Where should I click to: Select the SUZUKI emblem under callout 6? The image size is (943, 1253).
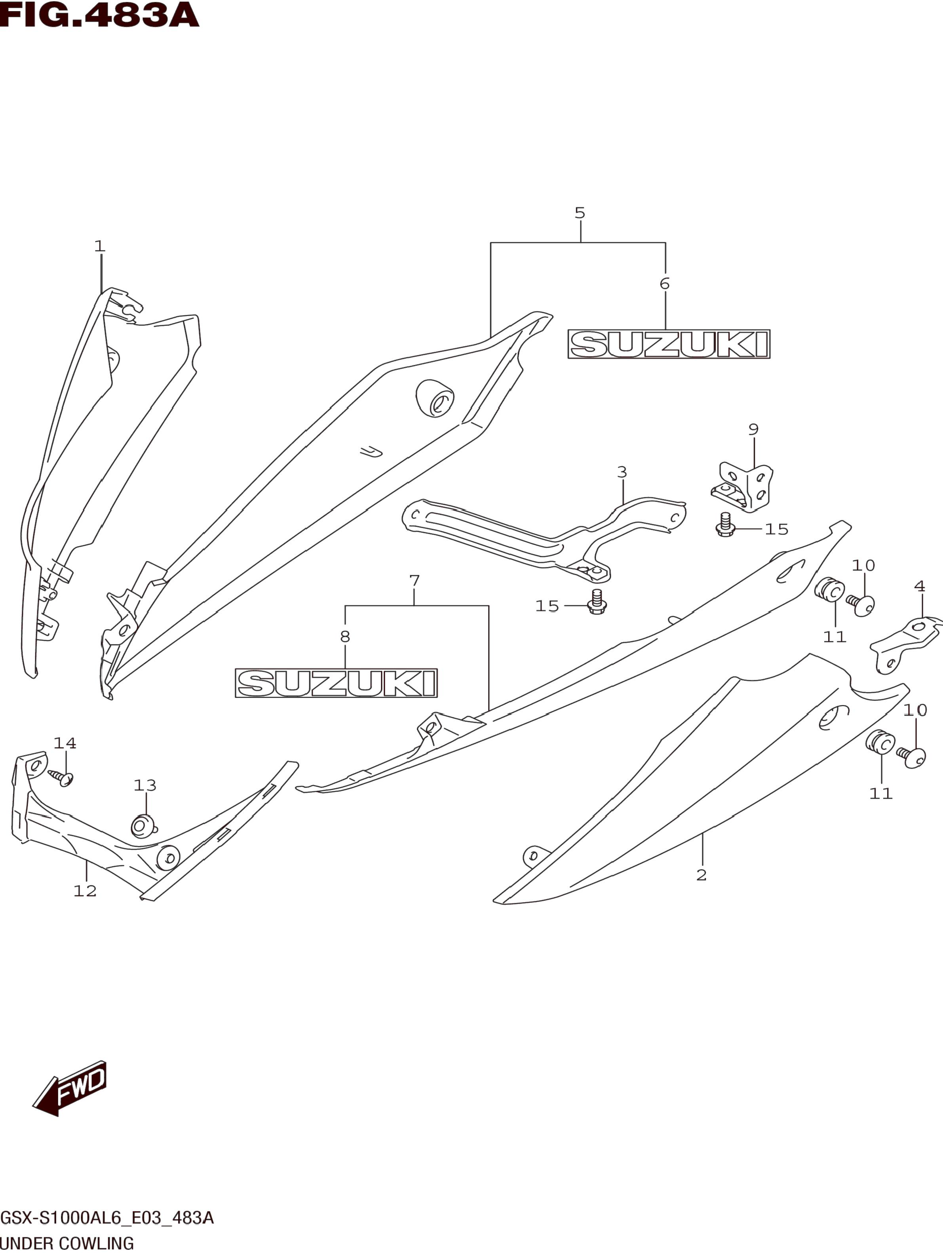[669, 344]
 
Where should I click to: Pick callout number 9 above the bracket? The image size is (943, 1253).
[753, 429]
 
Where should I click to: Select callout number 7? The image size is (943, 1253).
[414, 581]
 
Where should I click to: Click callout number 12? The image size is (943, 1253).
[85, 891]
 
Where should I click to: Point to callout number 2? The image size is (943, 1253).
[702, 875]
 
